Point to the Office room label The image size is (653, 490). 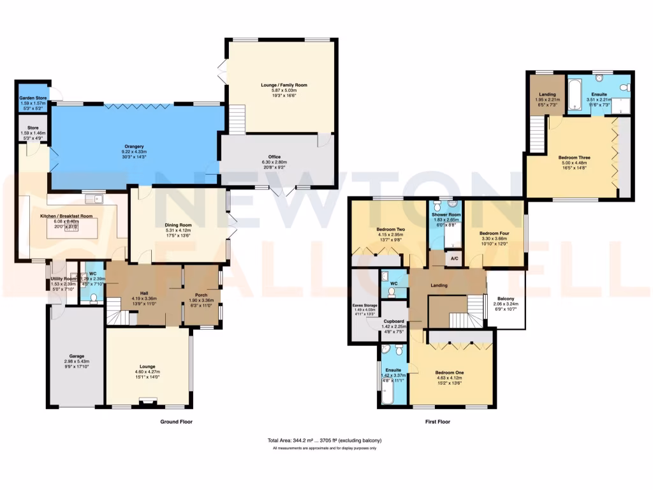pyautogui.click(x=275, y=158)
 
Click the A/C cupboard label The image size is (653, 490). pyautogui.click(x=454, y=259)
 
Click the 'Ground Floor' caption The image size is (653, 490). pyautogui.click(x=176, y=422)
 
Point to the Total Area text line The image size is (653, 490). pyautogui.click(x=325, y=441)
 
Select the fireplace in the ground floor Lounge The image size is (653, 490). pyautogui.click(x=149, y=402)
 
